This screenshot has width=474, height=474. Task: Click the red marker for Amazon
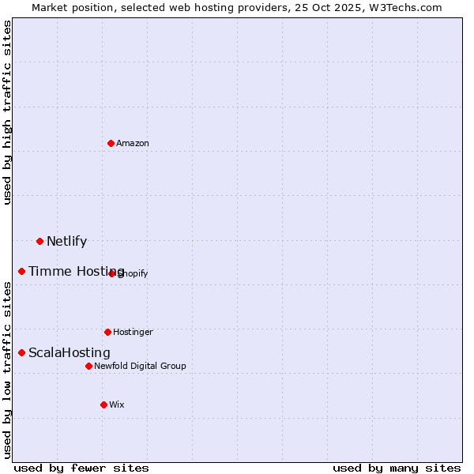[111, 143]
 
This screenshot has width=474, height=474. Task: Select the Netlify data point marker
[39, 241]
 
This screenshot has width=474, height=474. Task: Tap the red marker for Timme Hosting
[21, 271]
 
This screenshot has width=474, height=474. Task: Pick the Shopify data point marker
[112, 273]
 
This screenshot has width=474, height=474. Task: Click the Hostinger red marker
[107, 332]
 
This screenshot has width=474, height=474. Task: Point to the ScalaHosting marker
[21, 352]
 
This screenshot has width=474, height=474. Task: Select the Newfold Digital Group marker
[88, 366]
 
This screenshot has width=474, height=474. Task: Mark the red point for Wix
[103, 404]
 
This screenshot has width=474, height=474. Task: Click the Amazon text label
[133, 144]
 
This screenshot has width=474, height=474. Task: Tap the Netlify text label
[66, 242]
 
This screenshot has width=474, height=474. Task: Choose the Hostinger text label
[133, 333]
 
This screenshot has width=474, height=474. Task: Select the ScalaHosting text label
[70, 353]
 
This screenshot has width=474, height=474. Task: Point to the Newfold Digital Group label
[140, 367]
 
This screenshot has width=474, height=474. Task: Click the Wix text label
[117, 405]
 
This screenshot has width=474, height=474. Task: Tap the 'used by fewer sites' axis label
[81, 468]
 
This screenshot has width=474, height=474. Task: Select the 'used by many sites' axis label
[397, 468]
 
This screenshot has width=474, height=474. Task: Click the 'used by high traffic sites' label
[7, 113]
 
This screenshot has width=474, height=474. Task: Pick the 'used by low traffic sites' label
[7, 370]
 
